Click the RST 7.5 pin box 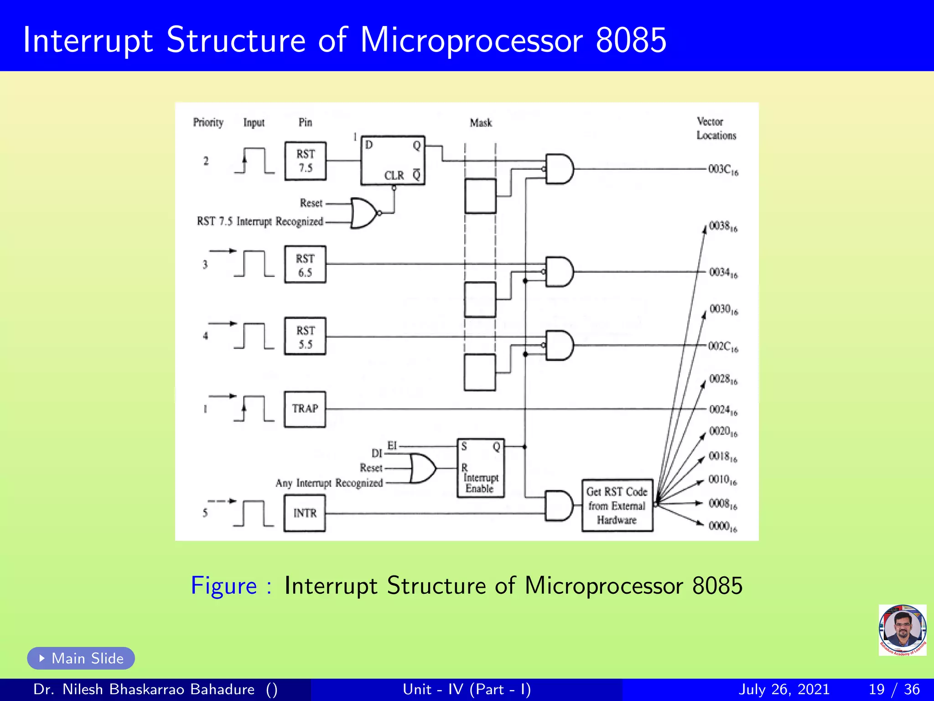coord(305,161)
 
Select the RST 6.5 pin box coord(305,265)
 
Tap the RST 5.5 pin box coord(305,336)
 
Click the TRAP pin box coord(305,409)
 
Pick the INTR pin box coord(305,513)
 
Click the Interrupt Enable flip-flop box coord(481,468)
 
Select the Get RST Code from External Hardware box coord(617,506)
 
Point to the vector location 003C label coord(723,170)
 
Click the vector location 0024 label coord(723,410)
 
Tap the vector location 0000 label coord(722,527)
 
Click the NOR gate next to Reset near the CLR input coord(364,213)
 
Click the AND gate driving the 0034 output coord(559,272)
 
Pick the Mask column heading coord(481,123)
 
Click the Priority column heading coord(208,122)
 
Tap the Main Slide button coord(81,658)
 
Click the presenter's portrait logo coord(902,630)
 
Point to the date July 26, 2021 coord(784,689)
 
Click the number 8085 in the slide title coord(631,40)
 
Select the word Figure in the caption coord(223,586)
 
